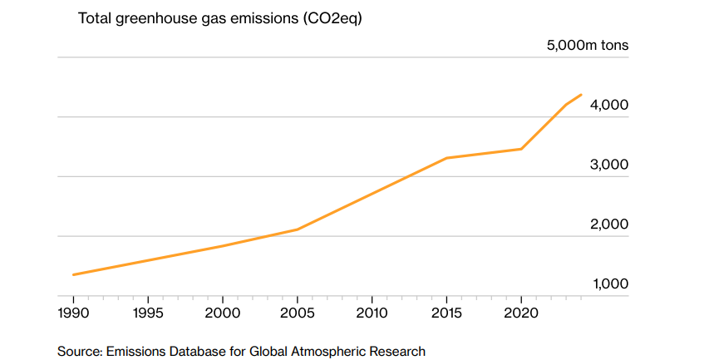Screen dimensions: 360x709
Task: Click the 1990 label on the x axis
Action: (x=74, y=313)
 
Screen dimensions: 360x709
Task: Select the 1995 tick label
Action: (x=148, y=313)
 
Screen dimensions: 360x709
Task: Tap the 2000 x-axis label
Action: (x=223, y=313)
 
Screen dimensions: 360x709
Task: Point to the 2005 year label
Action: (x=297, y=313)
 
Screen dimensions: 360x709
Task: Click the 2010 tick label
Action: (x=372, y=313)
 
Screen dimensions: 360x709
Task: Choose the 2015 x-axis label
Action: (x=446, y=313)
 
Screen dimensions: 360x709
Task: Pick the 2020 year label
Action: (x=520, y=313)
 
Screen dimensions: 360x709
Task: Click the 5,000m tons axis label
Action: (x=588, y=46)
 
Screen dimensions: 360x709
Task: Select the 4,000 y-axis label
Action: (x=609, y=106)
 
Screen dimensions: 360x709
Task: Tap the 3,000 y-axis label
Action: (x=609, y=165)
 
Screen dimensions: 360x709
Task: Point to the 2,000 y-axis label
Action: (x=609, y=224)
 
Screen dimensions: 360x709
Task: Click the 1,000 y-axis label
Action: (x=609, y=284)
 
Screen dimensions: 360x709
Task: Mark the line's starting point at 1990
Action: (x=74, y=274)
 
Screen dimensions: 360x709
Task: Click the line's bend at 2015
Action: (x=446, y=158)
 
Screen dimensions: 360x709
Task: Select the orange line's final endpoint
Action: (x=580, y=95)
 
